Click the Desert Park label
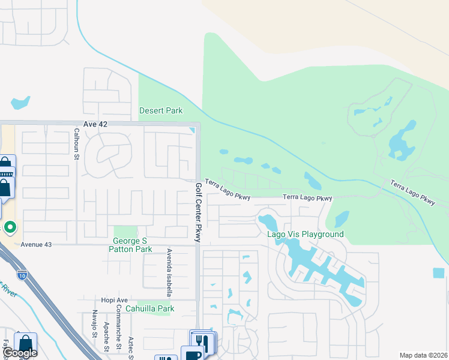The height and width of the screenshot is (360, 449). tap(161, 110)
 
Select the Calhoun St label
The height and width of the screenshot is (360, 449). tap(77, 144)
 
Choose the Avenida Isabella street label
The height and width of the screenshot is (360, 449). tap(170, 273)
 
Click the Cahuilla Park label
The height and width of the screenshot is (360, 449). tap(155, 309)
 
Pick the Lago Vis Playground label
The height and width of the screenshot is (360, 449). tap(306, 234)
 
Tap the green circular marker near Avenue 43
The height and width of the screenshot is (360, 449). tap(10, 227)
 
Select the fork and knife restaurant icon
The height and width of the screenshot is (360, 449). tap(202, 341)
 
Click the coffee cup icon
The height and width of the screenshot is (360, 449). tap(192, 354)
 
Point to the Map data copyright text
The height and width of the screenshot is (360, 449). tap(423, 355)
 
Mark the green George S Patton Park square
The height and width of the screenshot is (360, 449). tap(125, 232)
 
